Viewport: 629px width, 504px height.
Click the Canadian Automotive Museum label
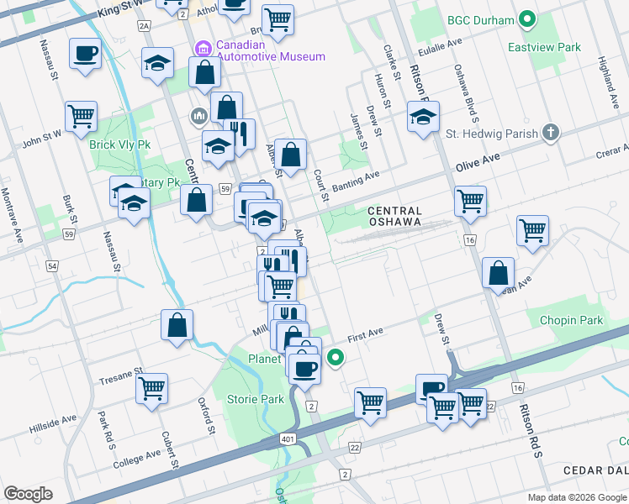(259, 50)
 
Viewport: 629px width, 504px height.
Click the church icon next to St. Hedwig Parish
(551, 133)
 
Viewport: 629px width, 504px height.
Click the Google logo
(28, 493)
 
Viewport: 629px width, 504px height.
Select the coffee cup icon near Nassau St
(85, 55)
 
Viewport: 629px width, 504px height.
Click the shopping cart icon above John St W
(81, 116)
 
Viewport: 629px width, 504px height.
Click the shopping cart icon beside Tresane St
(151, 388)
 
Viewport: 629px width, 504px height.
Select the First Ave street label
(365, 333)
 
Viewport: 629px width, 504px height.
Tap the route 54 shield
(52, 265)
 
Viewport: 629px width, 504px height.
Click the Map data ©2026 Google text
(576, 497)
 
